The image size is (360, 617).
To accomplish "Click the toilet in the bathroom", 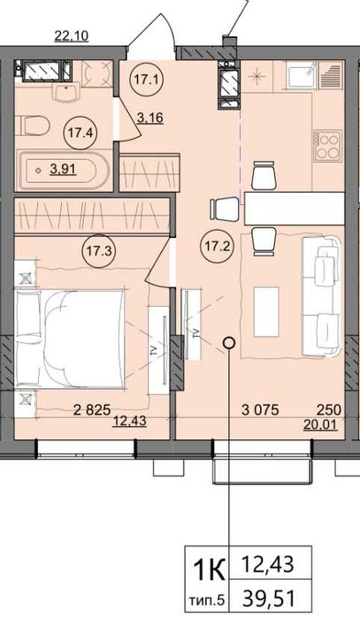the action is pos(34,126).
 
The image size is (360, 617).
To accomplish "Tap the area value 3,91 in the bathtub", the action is pos(63,170).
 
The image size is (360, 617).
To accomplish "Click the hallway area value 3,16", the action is pos(150,118).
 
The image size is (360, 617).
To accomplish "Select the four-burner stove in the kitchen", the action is pos(327,146).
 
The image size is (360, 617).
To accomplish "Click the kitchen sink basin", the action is pos(303,75).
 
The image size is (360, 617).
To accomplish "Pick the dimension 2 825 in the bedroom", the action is pos(92,410).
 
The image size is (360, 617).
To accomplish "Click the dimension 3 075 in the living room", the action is pos(260,410).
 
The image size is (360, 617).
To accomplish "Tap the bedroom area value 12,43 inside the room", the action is pos(130,422).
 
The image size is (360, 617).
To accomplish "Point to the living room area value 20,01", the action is pos(320,424).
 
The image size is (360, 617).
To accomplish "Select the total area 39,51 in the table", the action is pos(269,599).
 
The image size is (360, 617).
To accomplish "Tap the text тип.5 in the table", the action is pos(207,601).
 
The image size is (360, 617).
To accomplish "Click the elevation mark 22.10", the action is pos(72,36).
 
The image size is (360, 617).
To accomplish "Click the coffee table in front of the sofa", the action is pos(266,312).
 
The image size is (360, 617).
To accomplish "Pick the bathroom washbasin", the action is pos(67,93).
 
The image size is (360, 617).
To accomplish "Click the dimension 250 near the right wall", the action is pos(329,410).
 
